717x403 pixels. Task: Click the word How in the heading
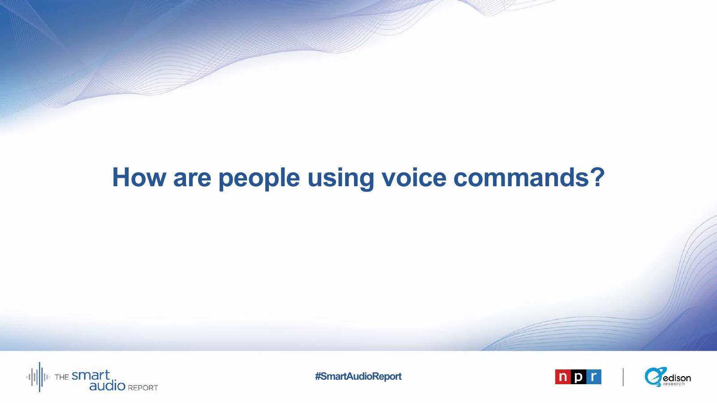139,177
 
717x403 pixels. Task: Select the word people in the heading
259,179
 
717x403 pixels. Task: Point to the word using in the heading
341,179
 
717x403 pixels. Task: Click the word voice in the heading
414,177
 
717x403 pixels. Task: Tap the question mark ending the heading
597,177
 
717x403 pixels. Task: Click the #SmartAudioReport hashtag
358,376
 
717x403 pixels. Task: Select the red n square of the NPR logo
563,377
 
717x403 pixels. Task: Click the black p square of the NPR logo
578,377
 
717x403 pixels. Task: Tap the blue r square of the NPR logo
593,377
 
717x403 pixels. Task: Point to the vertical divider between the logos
623,377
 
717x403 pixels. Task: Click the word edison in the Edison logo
677,378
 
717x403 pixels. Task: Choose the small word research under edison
674,384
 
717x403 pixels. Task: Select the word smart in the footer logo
91,375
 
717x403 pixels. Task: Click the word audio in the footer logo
107,386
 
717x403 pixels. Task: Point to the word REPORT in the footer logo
143,388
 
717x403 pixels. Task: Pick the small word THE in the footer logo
62,377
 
